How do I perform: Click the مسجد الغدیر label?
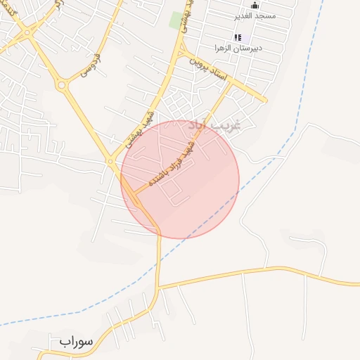pos(256,15)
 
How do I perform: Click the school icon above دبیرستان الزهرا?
pos(238,37)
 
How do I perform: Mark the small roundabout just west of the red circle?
pos(111,162)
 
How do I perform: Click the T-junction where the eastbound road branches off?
pos(159,287)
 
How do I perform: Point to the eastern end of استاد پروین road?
pos(264,100)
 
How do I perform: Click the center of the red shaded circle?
pos(180,179)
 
